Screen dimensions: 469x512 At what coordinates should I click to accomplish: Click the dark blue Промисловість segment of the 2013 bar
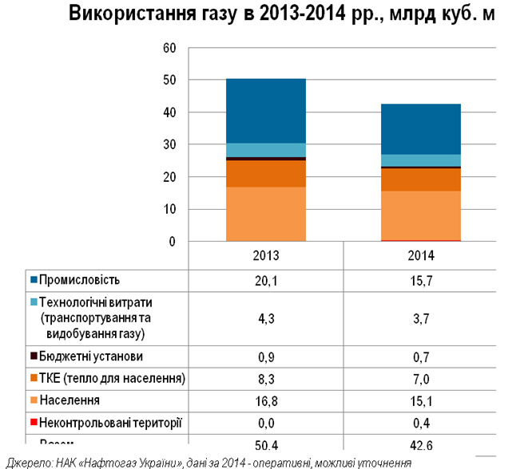[265, 111]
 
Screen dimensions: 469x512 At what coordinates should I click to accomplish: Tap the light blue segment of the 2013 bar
[265, 150]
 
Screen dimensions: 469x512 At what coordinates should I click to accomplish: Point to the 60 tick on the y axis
[169, 48]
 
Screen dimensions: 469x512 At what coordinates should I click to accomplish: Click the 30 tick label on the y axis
[169, 145]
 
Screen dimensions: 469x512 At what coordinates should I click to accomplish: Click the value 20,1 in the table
[265, 280]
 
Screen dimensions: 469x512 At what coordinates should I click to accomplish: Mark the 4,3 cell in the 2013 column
[265, 317]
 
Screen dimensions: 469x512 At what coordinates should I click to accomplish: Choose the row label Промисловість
[79, 280]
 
